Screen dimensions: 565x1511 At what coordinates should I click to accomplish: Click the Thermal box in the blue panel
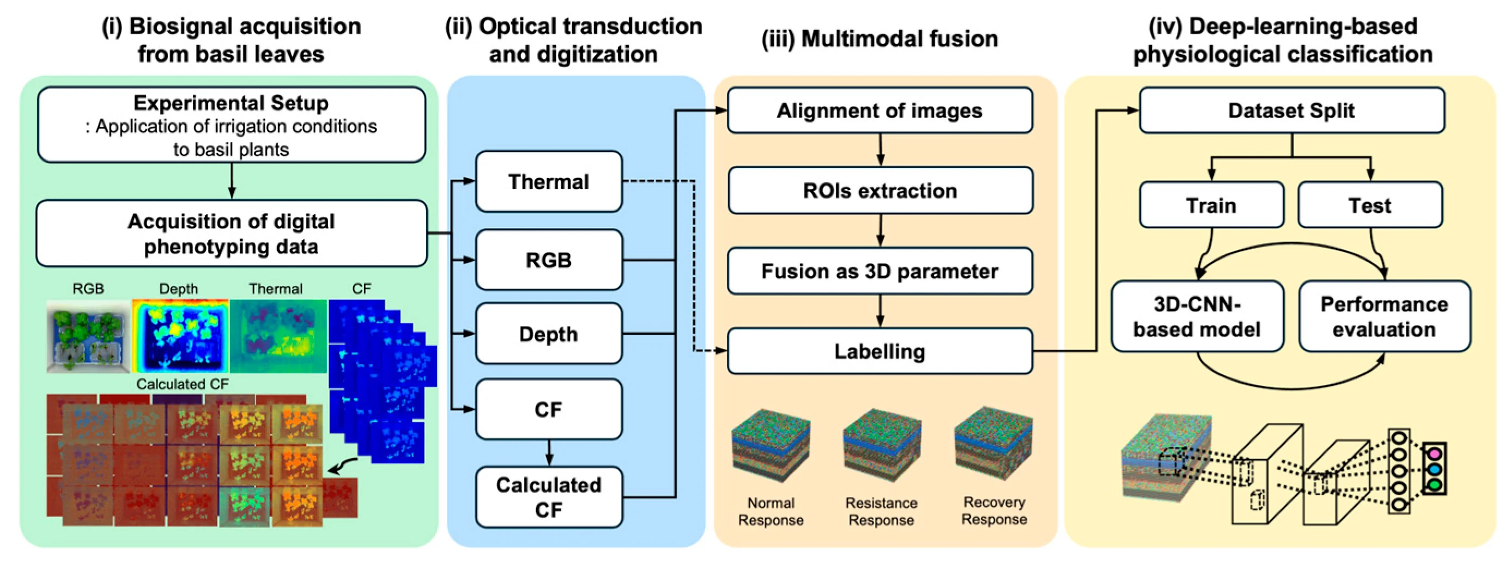[x=549, y=182]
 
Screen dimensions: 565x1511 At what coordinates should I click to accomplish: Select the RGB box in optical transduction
[x=549, y=260]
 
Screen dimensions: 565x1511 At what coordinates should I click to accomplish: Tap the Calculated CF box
[x=549, y=497]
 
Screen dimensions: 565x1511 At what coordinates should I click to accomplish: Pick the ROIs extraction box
[x=879, y=191]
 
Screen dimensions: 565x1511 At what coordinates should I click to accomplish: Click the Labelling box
[x=879, y=351]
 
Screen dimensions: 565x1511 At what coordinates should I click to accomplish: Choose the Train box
[x=1211, y=205]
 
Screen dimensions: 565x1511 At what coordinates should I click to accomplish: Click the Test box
[x=1370, y=205]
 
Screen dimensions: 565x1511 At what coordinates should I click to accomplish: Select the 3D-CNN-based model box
[x=1197, y=316]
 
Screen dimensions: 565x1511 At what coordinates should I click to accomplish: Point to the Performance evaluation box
[x=1383, y=316]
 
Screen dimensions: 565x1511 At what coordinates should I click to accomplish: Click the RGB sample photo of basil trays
[x=88, y=336]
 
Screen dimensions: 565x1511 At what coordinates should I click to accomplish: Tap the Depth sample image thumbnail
[x=179, y=336]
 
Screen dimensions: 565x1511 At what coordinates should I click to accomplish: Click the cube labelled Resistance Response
[x=881, y=445]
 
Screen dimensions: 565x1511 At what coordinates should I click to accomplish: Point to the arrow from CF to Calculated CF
[x=549, y=452]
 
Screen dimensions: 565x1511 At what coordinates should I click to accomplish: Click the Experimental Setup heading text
[x=231, y=103]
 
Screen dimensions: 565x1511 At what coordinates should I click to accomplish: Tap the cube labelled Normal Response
[x=770, y=445]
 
